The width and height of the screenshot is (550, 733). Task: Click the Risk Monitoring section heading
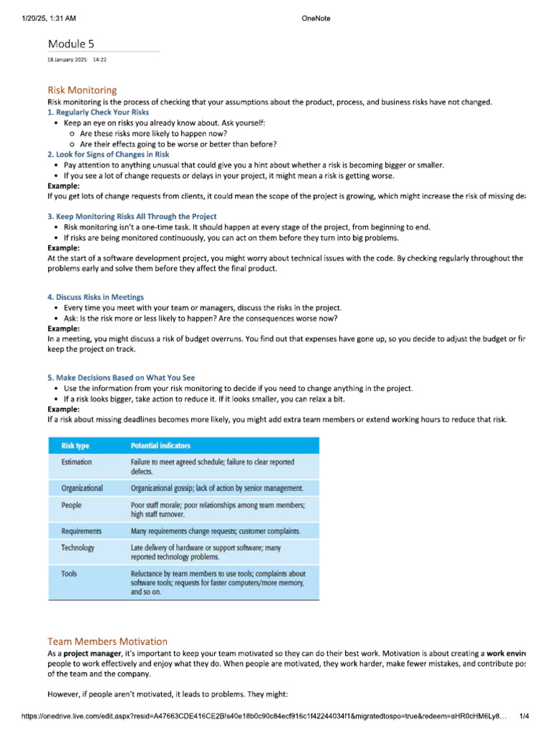click(x=82, y=90)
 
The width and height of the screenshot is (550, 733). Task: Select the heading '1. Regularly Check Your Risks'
click(x=98, y=112)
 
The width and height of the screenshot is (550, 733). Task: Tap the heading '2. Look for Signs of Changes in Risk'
click(x=108, y=154)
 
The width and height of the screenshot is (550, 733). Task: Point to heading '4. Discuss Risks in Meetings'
click(x=95, y=296)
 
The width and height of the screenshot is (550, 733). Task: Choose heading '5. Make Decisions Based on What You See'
click(x=121, y=377)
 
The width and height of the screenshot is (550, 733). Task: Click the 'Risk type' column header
click(x=75, y=445)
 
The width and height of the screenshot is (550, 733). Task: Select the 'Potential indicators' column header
click(x=160, y=445)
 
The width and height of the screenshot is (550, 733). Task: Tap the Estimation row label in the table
click(x=77, y=462)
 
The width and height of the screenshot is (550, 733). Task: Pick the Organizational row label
click(x=82, y=488)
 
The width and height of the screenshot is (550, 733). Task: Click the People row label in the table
click(x=72, y=505)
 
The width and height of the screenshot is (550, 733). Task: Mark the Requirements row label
click(x=81, y=531)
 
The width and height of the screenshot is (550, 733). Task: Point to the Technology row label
click(x=77, y=548)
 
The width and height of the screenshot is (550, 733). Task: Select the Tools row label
click(x=69, y=573)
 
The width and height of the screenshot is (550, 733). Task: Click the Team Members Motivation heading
click(x=107, y=641)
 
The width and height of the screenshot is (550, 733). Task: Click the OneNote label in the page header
click(x=317, y=19)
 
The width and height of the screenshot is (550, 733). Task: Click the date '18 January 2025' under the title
click(x=67, y=60)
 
